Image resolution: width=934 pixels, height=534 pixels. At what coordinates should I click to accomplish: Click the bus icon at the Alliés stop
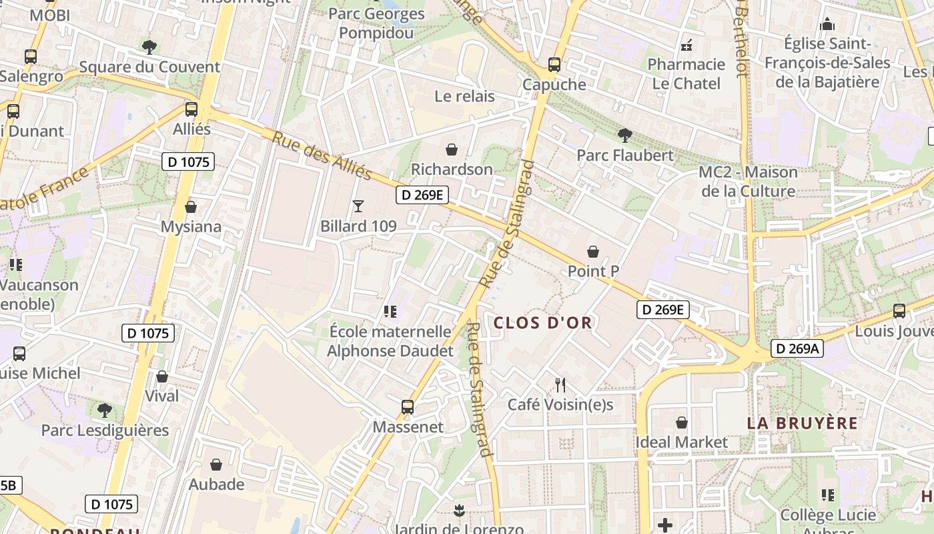coord(191,109)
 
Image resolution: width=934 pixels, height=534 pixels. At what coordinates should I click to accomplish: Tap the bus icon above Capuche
coord(554,65)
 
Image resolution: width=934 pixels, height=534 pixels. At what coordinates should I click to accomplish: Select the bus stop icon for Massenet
coord(407,407)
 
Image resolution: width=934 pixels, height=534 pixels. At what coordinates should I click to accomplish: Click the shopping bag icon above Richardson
coord(452,150)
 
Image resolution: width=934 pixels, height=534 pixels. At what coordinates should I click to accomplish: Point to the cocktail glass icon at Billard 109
coord(358,206)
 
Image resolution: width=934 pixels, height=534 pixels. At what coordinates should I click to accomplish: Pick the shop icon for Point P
coord(592,252)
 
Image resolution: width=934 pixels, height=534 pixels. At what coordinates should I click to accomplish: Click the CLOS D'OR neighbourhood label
coord(542,323)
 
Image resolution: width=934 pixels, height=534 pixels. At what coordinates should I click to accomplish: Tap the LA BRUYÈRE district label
coord(802,423)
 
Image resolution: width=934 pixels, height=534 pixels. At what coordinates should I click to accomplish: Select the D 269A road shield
coord(797,348)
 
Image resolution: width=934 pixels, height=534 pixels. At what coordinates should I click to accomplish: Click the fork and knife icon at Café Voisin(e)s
coord(560,384)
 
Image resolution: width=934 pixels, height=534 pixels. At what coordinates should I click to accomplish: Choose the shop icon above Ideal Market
coord(681,423)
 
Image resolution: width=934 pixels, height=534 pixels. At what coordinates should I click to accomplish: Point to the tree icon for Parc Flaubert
coord(625,136)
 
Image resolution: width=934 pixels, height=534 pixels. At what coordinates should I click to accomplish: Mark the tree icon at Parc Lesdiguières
coord(105,410)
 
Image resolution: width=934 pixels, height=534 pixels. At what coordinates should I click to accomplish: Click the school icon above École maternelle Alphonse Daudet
coord(390,311)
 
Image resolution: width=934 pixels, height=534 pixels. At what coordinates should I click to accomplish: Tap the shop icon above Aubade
coord(216,465)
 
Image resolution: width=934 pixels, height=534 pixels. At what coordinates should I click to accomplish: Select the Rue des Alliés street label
coord(322,155)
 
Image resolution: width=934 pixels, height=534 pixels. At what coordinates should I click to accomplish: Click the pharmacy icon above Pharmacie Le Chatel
coord(686,45)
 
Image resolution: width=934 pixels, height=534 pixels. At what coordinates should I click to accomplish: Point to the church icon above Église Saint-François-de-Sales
coord(827,25)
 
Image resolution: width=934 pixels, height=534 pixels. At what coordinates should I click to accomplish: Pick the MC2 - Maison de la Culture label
coord(748,182)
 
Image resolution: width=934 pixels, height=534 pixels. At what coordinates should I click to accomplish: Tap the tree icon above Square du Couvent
coord(149,47)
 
